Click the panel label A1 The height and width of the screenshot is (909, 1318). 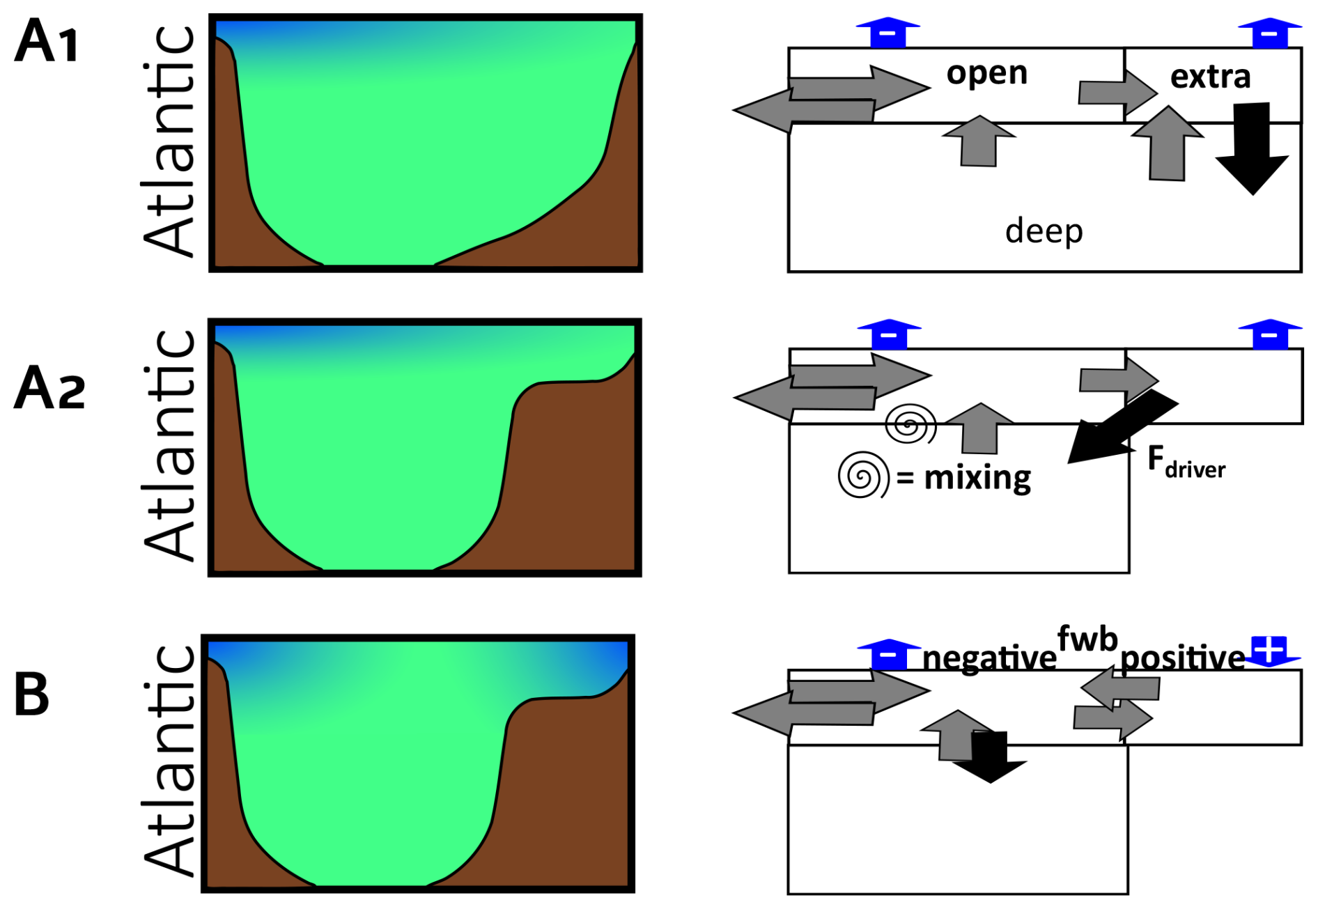46,42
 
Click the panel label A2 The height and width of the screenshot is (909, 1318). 49,387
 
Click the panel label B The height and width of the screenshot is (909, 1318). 32,694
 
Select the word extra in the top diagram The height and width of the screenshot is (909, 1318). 1210,77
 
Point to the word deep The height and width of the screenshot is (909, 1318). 1044,231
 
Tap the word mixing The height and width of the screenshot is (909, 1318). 977,478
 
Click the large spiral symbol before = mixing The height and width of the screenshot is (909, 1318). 863,476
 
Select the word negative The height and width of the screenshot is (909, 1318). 989,658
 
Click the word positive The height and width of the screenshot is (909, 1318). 1182,658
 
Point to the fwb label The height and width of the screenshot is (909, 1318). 1087,639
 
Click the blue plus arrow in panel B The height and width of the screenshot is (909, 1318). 1269,650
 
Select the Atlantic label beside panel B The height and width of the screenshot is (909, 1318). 169,761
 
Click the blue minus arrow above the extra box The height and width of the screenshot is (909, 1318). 1269,33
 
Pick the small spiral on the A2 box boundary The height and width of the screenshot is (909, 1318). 910,424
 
